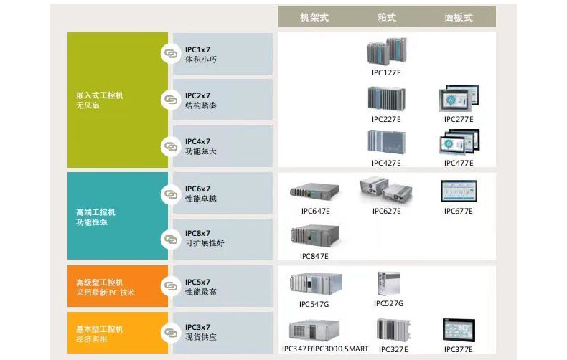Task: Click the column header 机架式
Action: pos(314,16)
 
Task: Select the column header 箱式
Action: pos(387,16)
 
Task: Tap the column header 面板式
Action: pos(458,16)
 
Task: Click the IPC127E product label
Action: pos(386,73)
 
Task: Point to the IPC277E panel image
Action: pos(459,98)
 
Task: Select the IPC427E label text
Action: pos(386,163)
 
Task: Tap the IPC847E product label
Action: pos(314,256)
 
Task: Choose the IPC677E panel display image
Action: pos(459,191)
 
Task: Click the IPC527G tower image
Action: pos(388,283)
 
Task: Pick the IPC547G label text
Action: pos(314,304)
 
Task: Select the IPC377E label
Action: pos(459,349)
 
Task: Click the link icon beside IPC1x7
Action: pos(170,54)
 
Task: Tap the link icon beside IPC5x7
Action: pos(170,288)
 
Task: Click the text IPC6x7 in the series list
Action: pos(197,189)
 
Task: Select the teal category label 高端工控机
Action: pos(95,212)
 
